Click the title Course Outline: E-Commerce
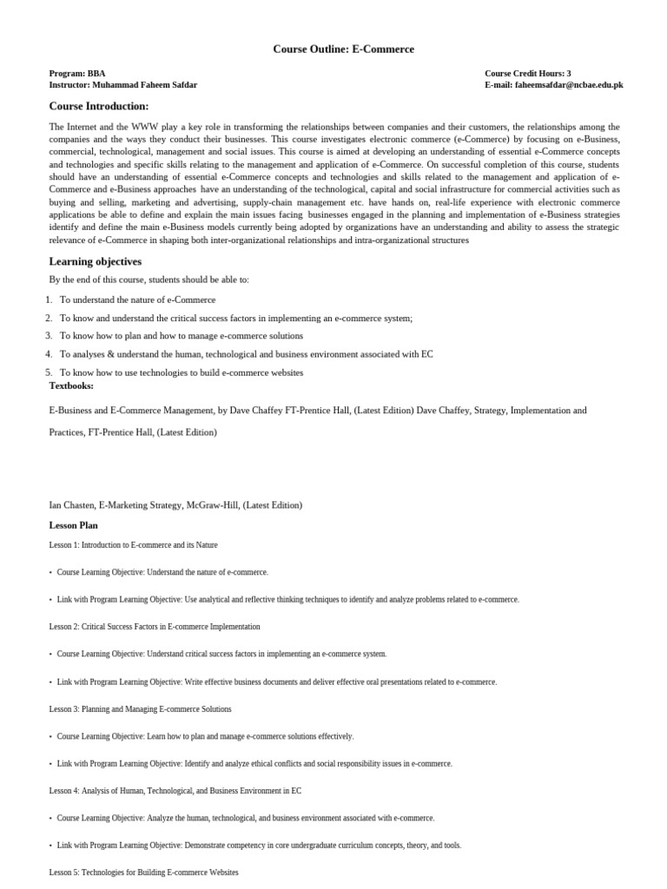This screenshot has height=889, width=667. point(343,49)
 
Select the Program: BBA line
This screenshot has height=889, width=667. point(77,74)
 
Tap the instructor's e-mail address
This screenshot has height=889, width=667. point(569,85)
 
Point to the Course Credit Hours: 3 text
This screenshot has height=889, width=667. point(528,74)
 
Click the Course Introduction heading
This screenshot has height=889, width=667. point(99,106)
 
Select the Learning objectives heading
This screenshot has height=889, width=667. point(96,261)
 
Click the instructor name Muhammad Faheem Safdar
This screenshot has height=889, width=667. point(144,85)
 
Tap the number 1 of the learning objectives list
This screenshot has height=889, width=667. point(49,300)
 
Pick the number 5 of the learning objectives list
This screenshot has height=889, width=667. point(49,372)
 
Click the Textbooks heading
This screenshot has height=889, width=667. point(71,385)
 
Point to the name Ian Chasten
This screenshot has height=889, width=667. point(71,504)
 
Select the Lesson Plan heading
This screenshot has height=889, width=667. point(73,525)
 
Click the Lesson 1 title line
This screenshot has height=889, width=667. point(133,545)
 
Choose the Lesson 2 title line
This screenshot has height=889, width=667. point(155,627)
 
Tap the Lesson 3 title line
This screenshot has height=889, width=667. point(141,709)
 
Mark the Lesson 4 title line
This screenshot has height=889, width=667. point(175,791)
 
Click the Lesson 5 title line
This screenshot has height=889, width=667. point(143,873)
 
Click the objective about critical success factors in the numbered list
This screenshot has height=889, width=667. point(236,318)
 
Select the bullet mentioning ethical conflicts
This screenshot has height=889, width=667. point(254,764)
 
